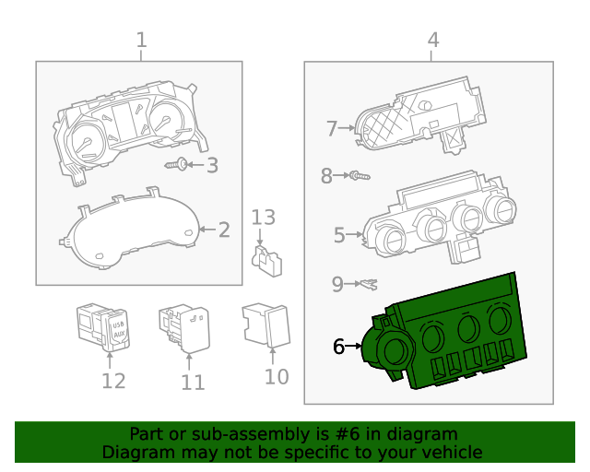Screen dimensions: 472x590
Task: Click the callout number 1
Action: click(x=141, y=40)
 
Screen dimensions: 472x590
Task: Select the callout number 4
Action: click(x=432, y=40)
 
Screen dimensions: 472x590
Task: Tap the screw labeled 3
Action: click(x=182, y=165)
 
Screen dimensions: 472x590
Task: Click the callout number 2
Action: click(x=224, y=229)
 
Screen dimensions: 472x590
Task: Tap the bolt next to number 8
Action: click(x=359, y=175)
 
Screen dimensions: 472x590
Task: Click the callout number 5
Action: click(x=338, y=235)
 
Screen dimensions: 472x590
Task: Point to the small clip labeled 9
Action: click(x=367, y=283)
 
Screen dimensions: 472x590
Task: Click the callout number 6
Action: click(x=338, y=347)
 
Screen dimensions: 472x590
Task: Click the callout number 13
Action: click(x=264, y=218)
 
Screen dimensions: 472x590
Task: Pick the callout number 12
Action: click(x=112, y=381)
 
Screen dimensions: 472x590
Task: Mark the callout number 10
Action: click(x=276, y=377)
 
